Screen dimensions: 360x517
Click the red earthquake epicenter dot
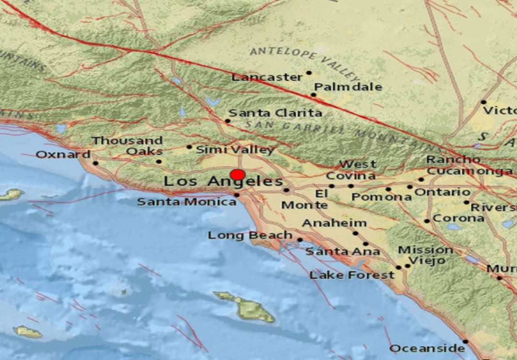(x=238, y=175)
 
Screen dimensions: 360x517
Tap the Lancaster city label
(x=267, y=77)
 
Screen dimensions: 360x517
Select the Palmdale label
(x=348, y=87)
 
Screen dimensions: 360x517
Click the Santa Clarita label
(x=275, y=113)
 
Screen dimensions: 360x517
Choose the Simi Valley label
(x=235, y=150)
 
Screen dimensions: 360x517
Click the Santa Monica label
(x=187, y=202)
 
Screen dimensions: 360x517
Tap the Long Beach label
(x=250, y=236)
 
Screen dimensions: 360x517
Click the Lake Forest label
(x=352, y=275)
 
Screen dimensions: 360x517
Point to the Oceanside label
(x=427, y=349)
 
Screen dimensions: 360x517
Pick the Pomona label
(x=381, y=197)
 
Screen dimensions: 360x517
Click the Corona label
(x=458, y=218)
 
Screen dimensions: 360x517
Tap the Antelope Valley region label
(x=304, y=61)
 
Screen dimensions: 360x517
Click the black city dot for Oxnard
(x=95, y=163)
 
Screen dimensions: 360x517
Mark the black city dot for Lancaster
(x=309, y=73)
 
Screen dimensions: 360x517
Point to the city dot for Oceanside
(x=465, y=341)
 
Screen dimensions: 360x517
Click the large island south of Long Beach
(x=247, y=306)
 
